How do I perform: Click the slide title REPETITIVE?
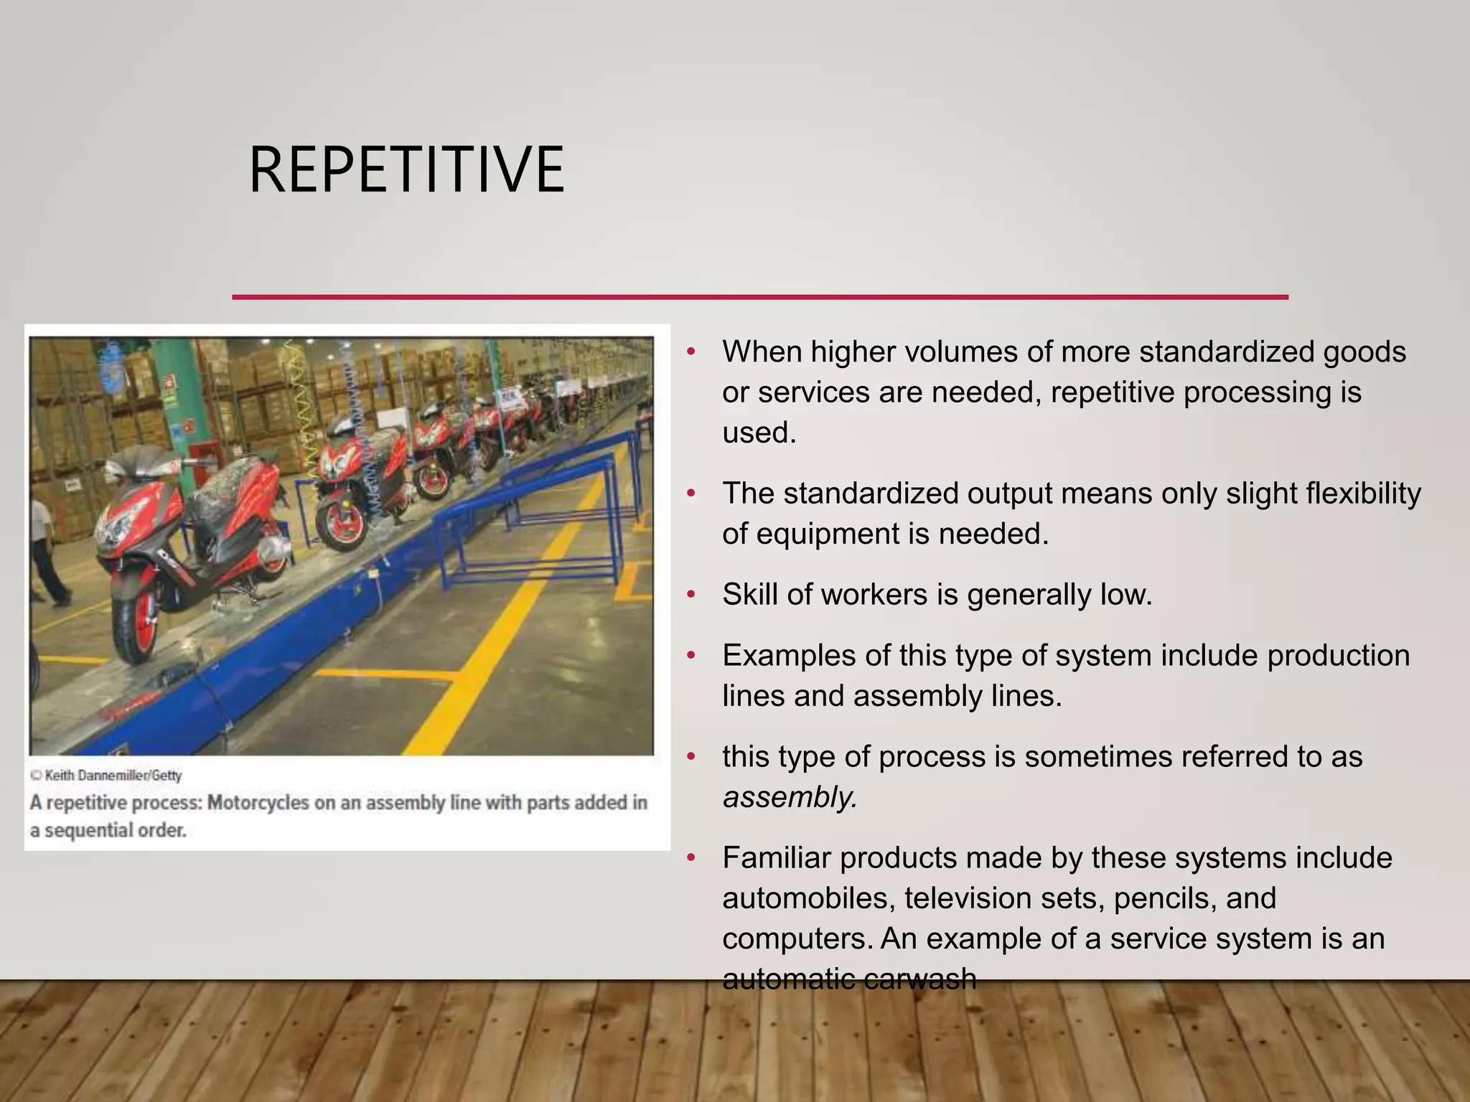406,171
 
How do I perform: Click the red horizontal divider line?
759,296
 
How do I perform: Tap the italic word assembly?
790,797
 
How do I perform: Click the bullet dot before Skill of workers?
691,595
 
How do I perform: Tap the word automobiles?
809,898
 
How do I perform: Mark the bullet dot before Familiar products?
691,858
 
